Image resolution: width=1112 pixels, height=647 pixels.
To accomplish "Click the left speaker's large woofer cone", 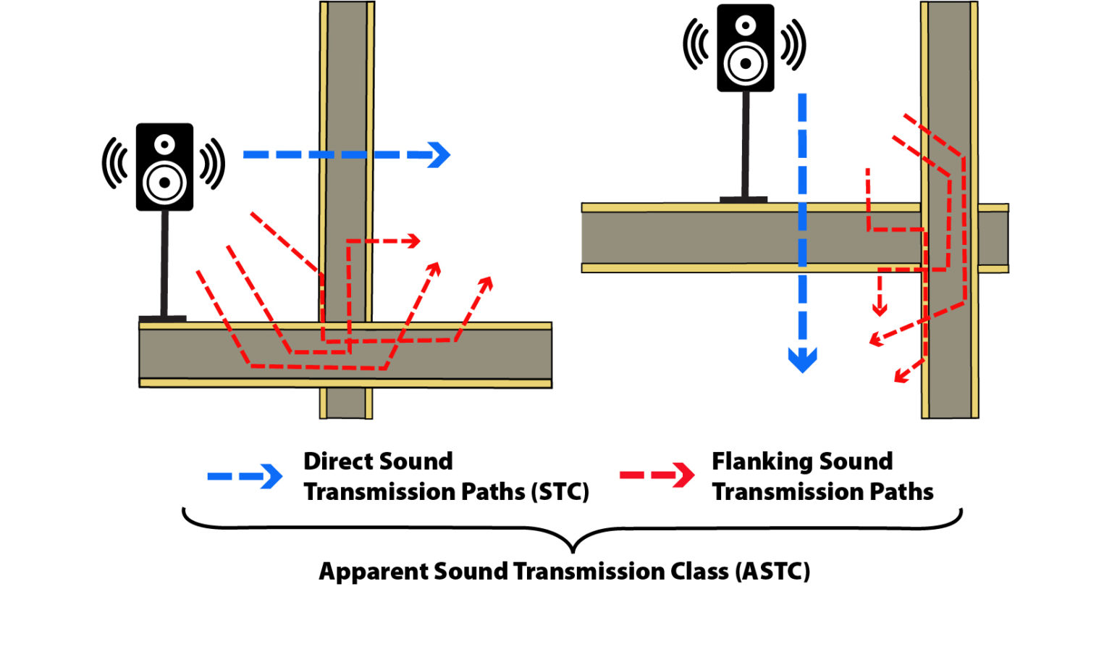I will tap(165, 182).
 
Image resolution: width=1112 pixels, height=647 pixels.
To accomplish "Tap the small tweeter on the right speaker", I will tap(746, 26).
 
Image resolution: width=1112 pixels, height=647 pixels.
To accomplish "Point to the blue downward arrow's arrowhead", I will tap(802, 359).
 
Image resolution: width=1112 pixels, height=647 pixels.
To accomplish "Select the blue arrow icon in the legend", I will tap(245, 477).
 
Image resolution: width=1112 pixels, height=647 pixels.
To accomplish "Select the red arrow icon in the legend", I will tap(657, 475).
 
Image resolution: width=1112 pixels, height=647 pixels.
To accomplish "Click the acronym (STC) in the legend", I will tap(560, 492).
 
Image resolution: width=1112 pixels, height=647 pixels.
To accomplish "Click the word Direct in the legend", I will tap(337, 462).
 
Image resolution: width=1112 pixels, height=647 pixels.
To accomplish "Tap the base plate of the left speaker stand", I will tap(163, 318).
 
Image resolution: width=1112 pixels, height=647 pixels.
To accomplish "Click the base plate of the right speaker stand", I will tap(744, 199).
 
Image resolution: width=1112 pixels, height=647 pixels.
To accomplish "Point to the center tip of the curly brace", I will tap(573, 548).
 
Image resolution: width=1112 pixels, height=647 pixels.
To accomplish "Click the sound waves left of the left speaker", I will tap(114, 164).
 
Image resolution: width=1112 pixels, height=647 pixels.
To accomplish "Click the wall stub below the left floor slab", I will tap(346, 404).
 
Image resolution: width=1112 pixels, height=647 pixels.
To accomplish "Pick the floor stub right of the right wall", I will tap(993, 238).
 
